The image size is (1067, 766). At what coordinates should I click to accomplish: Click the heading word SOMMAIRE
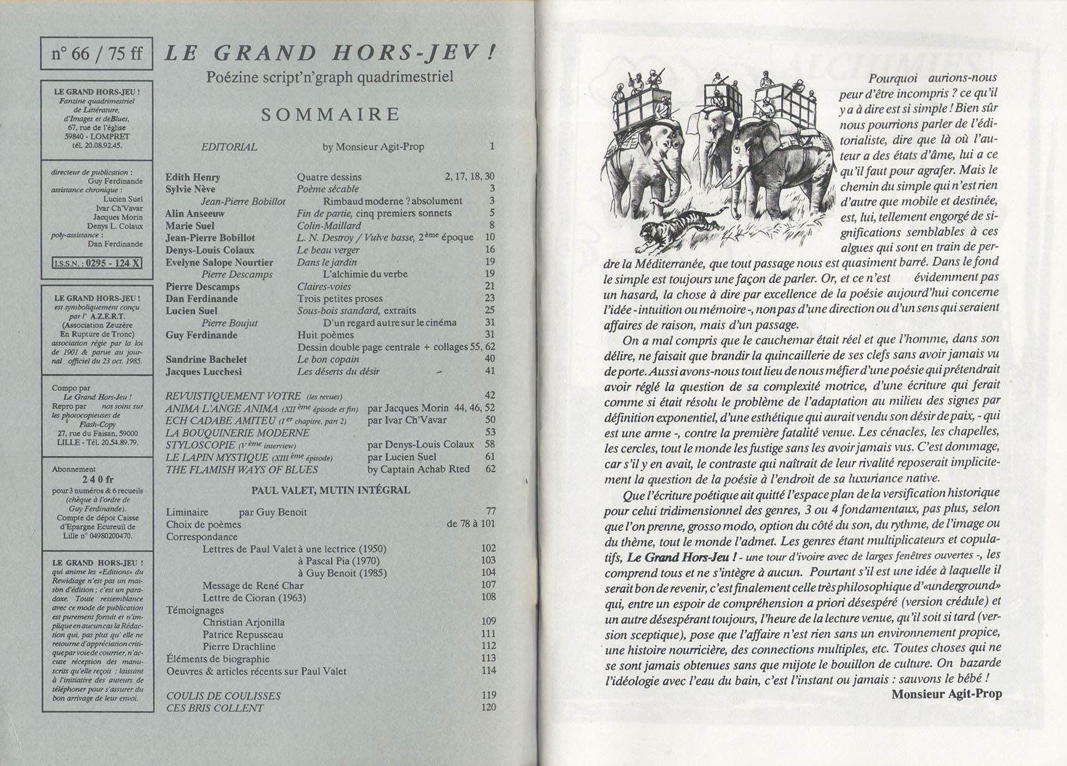pyautogui.click(x=330, y=115)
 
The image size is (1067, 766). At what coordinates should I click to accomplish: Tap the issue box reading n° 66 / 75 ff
pyautogui.click(x=97, y=54)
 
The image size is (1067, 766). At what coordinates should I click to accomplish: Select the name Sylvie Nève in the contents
pyautogui.click(x=190, y=189)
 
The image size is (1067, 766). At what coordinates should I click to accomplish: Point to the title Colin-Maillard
pyautogui.click(x=329, y=225)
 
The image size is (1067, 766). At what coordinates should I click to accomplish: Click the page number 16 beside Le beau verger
pyautogui.click(x=490, y=250)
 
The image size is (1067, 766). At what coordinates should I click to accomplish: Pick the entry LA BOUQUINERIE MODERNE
pyautogui.click(x=237, y=432)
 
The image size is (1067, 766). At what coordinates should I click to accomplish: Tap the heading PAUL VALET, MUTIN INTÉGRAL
pyautogui.click(x=330, y=490)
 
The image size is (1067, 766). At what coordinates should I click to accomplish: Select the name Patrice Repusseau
pyautogui.click(x=242, y=634)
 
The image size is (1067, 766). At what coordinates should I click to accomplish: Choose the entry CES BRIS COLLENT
pyautogui.click(x=214, y=708)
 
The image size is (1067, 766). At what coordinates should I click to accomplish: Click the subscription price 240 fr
pyautogui.click(x=97, y=480)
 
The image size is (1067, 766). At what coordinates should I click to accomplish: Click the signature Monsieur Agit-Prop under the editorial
pyautogui.click(x=946, y=694)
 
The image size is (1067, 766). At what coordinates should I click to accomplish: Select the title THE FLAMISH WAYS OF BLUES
pyautogui.click(x=242, y=469)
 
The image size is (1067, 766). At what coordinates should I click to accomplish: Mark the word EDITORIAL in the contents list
pyautogui.click(x=229, y=147)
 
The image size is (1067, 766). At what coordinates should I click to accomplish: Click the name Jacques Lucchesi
pyautogui.click(x=204, y=372)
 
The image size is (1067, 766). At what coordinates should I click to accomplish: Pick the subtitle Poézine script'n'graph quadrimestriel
pyautogui.click(x=330, y=78)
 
